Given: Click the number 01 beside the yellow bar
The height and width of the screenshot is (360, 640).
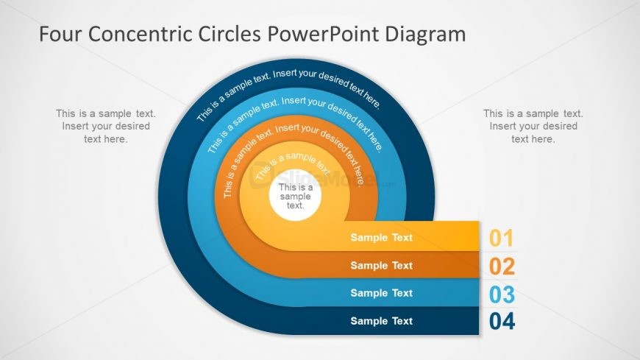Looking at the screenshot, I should (x=501, y=238).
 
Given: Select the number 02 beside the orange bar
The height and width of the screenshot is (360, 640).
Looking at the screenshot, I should (x=502, y=266).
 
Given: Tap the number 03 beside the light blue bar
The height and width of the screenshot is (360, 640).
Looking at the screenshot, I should (x=502, y=294).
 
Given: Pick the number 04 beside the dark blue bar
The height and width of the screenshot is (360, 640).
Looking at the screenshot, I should (x=502, y=322).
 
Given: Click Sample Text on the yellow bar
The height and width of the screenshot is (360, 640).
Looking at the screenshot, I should (x=381, y=238).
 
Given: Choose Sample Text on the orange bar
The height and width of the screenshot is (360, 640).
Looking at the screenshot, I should (x=381, y=265).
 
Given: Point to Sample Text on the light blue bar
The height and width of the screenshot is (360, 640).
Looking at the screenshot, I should (x=381, y=293).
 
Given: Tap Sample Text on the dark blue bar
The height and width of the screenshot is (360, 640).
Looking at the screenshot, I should (x=381, y=321).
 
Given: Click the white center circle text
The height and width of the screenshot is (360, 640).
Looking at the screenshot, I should (x=295, y=197).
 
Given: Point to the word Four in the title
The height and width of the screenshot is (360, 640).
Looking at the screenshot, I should (x=56, y=34).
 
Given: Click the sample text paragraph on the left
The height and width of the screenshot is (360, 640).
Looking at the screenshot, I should (x=106, y=126).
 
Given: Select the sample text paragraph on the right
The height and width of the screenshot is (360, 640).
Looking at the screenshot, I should (x=533, y=126).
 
